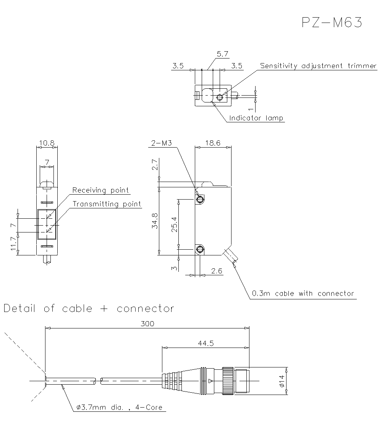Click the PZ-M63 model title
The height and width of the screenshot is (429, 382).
331,23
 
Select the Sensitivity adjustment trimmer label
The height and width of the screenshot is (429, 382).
318,66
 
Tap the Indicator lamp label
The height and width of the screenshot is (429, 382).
256,118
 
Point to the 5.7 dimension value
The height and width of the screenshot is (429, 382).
222,54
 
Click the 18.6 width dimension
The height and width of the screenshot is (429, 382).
213,143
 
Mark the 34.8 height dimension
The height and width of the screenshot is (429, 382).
155,221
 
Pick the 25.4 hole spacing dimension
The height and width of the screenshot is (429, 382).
174,224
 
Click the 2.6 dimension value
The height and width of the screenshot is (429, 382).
216,271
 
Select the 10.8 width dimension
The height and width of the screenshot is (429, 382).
47,143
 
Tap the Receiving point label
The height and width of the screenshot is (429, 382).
100,190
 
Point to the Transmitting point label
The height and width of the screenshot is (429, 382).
107,204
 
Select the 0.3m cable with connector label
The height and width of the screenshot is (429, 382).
303,294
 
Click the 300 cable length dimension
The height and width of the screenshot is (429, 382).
147,323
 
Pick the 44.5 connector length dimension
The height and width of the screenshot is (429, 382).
206,343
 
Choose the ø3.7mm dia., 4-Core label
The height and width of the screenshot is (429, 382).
119,408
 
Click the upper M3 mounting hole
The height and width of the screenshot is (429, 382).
199,200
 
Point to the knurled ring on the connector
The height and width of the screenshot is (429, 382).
228,380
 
